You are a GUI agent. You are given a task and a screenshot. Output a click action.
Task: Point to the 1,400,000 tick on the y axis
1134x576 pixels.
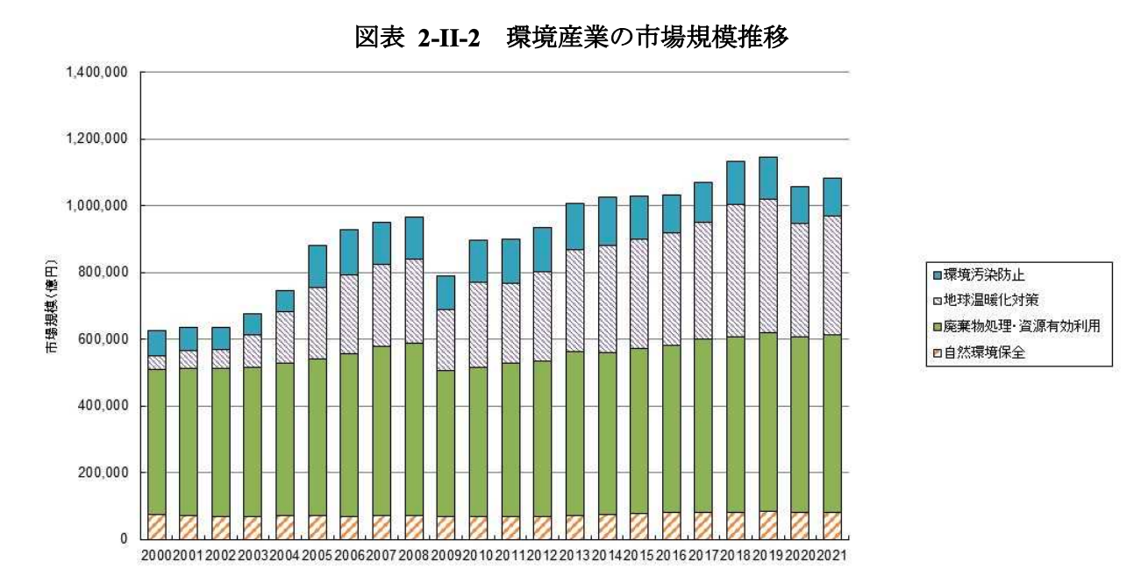coord(97,72)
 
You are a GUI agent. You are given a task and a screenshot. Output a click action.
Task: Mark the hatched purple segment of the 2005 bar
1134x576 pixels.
coord(317,323)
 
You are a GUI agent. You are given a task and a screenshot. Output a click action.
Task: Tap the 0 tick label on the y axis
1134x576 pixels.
coord(125,539)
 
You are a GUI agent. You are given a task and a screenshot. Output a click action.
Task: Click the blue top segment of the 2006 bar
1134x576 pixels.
coord(349,252)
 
